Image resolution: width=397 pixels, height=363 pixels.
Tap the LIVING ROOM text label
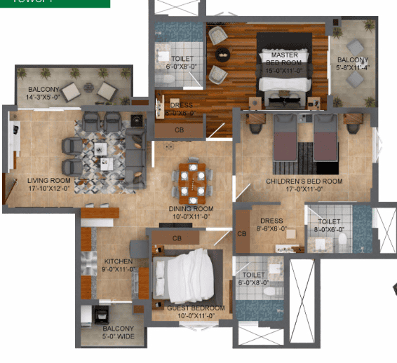pyautogui.click(x=49, y=184)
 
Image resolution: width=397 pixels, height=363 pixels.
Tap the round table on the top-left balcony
pyautogui.click(x=88, y=88)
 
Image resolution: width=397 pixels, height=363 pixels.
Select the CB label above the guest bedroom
pyautogui.click(x=177, y=238)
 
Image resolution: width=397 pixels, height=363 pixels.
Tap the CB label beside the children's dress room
pyautogui.click(x=241, y=233)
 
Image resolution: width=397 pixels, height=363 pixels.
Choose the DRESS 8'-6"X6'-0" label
pyautogui.click(x=271, y=224)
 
